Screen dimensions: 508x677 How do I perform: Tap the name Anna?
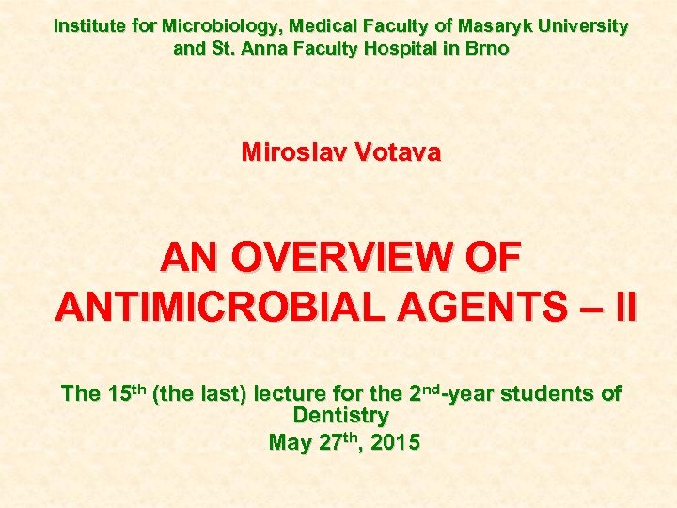point(264,47)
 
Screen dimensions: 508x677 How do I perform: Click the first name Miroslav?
point(291,152)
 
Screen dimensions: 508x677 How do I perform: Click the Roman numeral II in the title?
point(622,306)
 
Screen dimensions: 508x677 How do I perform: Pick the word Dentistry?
point(340,415)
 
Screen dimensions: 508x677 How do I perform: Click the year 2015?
point(395,441)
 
